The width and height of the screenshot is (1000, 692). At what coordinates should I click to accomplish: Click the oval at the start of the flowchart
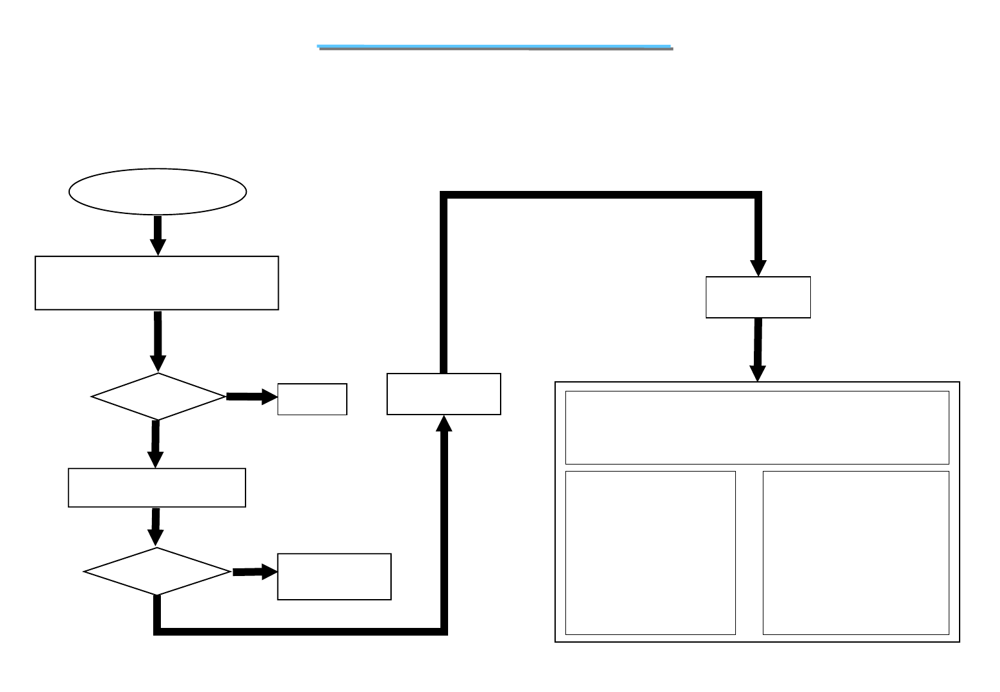point(158,192)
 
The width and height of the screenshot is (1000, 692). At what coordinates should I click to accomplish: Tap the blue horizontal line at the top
point(495,47)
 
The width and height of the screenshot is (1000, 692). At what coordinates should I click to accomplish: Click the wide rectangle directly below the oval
point(157,283)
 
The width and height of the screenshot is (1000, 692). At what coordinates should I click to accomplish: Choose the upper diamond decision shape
point(158,397)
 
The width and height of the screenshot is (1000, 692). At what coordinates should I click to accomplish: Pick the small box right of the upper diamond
point(312,399)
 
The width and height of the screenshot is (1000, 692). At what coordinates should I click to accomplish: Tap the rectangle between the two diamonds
point(157,488)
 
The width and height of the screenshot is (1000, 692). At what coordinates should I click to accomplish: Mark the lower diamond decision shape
point(157,571)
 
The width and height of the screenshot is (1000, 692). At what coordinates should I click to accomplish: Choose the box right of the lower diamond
point(334,577)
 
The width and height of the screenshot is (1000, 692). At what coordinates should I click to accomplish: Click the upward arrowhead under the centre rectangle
point(444,424)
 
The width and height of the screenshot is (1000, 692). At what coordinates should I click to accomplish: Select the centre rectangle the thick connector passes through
point(444,394)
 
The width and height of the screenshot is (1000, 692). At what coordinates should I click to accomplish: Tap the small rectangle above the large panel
point(758,297)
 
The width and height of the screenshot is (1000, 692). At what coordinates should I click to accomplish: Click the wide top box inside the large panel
point(757,427)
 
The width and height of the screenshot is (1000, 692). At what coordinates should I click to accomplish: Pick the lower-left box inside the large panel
point(651,553)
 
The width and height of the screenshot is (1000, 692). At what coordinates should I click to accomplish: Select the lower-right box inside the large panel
point(856,553)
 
